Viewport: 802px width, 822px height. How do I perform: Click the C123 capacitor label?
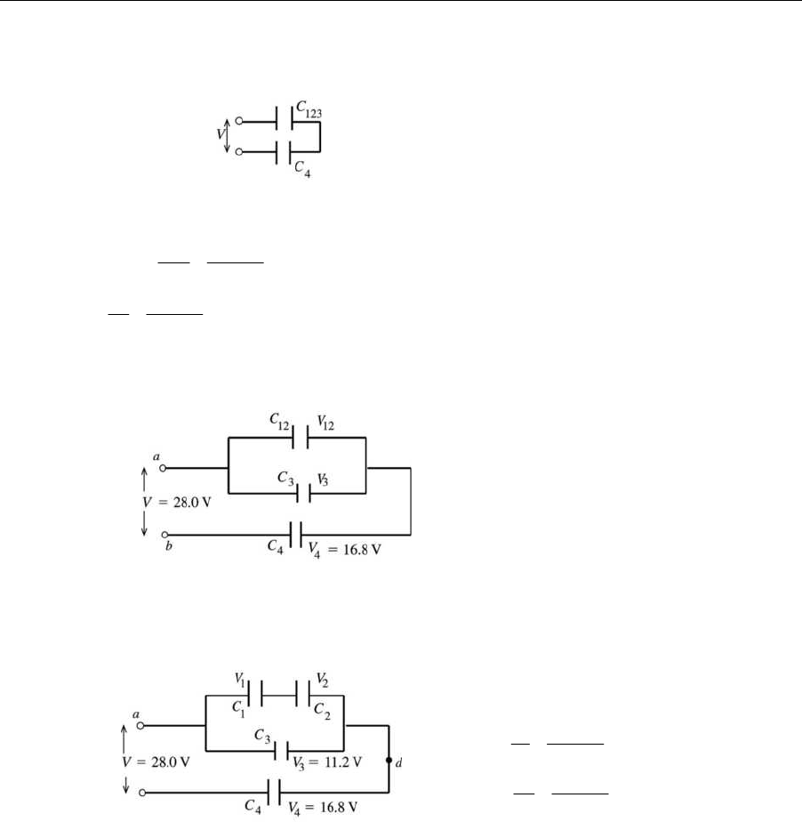310,107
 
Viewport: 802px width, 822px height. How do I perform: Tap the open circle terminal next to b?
164,535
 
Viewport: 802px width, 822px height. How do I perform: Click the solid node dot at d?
389,762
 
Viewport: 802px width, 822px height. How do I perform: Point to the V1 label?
240,679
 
